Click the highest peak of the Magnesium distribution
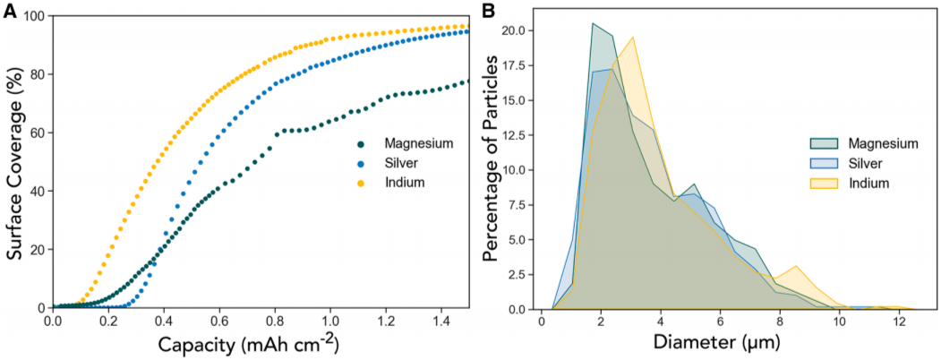click(593, 23)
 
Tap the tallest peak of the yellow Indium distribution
click(633, 37)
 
